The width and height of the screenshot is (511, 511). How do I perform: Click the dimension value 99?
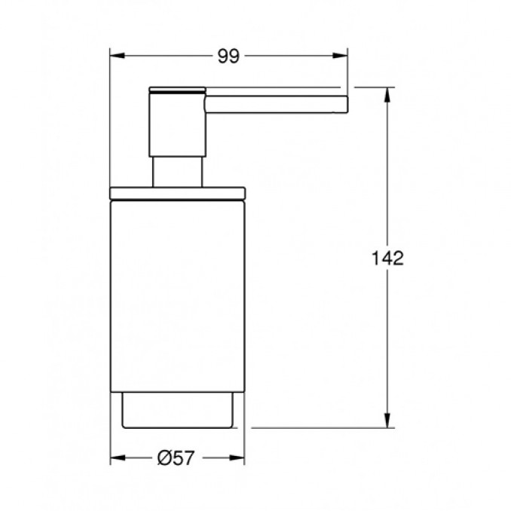point(228,56)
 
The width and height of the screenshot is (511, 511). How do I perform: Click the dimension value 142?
point(387,258)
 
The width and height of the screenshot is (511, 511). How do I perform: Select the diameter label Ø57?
point(176,458)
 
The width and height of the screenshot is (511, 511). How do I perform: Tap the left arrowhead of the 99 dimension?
point(118,56)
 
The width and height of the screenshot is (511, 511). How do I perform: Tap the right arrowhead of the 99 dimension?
point(340,56)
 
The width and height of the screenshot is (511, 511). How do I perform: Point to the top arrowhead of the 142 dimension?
point(387,95)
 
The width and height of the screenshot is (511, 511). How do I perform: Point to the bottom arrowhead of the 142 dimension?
point(387,421)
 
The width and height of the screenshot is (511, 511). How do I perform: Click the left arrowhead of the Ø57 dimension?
point(118,458)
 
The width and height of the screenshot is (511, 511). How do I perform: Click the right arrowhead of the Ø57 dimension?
point(237,458)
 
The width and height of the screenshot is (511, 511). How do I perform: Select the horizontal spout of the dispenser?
point(277,104)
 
